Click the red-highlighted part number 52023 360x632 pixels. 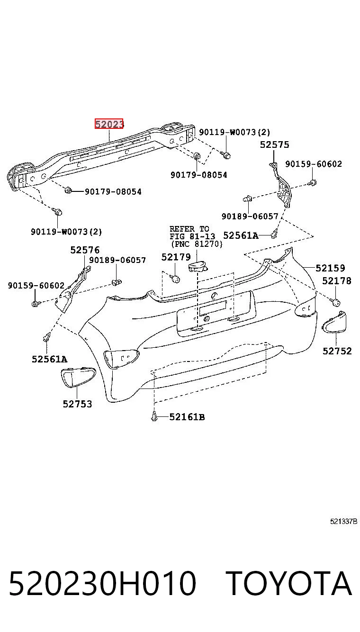coord(109,124)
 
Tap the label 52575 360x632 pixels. coord(274,145)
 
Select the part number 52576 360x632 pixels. coord(85,250)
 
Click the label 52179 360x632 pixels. coord(176,257)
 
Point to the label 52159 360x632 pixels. coord(330,268)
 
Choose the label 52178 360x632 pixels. coord(337,281)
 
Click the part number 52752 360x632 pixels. coord(337,351)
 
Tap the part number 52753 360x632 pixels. coord(77,404)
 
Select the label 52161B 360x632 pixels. coord(187,417)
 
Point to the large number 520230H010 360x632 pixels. coord(102,584)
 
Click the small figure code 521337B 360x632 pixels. coord(343,521)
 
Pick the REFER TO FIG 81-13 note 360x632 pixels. coord(196,236)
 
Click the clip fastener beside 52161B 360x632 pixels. coord(154,416)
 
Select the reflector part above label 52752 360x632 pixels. coord(334,322)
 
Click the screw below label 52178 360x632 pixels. coord(335,302)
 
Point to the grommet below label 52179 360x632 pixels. coord(176,279)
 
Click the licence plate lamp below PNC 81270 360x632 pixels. coord(198,267)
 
